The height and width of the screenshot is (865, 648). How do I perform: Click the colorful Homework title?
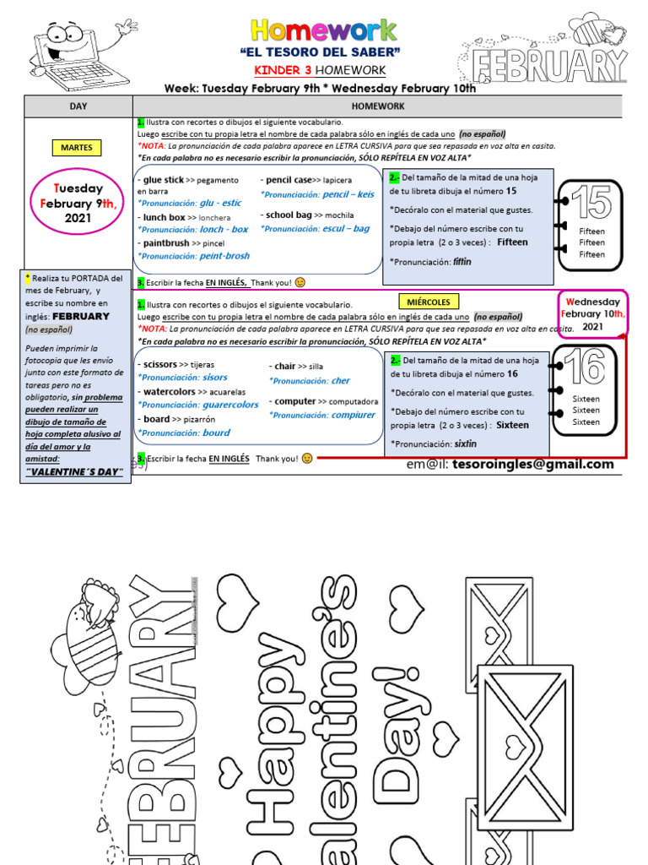(x=324, y=31)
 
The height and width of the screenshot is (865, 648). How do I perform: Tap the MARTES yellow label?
(x=77, y=148)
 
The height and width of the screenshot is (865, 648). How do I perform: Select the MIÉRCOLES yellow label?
(x=427, y=302)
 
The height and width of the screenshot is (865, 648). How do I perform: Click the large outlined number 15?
(x=591, y=205)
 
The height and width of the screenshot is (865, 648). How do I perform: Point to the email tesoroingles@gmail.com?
(x=510, y=464)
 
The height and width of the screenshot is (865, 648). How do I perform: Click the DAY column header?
(x=78, y=106)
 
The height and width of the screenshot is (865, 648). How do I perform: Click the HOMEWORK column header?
(x=378, y=106)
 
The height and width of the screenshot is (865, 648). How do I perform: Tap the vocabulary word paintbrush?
(x=166, y=242)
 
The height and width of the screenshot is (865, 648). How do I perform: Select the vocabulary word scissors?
(x=160, y=364)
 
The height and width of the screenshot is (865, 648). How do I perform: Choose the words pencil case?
(x=289, y=180)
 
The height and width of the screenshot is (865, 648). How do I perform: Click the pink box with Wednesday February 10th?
(x=592, y=313)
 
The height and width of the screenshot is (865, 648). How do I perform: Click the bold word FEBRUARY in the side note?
(x=81, y=316)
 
